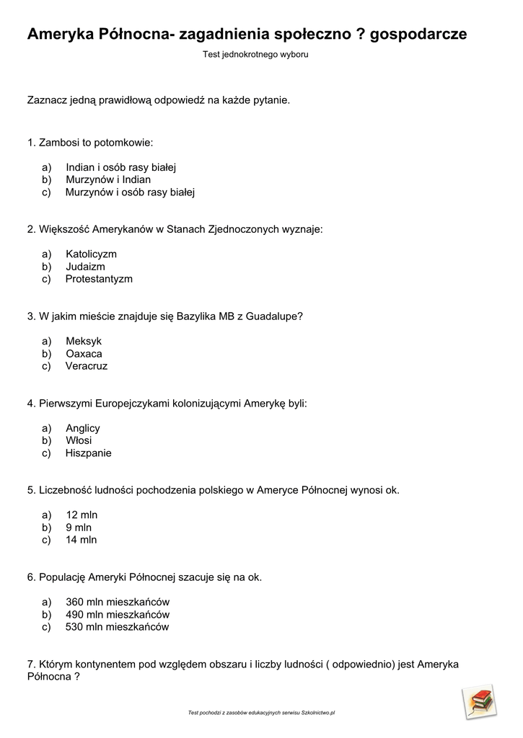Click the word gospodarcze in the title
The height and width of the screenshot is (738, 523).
click(418, 35)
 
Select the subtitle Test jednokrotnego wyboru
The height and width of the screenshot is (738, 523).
click(255, 55)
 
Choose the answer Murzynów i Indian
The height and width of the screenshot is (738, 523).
click(108, 180)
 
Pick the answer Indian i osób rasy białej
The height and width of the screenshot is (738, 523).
click(120, 168)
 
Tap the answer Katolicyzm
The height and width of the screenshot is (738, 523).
click(91, 254)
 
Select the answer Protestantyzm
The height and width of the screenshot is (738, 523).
click(99, 279)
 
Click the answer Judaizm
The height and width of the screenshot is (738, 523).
click(85, 267)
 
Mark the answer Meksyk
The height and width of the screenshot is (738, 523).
click(84, 341)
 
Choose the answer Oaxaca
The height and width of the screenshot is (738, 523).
click(84, 354)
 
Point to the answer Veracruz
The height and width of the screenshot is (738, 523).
click(86, 366)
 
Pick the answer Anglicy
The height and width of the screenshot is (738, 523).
click(82, 428)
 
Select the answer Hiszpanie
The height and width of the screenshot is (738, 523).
click(88, 453)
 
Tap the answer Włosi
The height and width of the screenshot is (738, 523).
click(79, 440)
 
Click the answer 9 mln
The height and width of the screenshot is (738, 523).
click(79, 528)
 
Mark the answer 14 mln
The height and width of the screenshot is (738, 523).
click(81, 540)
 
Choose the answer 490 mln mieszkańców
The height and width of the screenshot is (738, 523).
click(117, 615)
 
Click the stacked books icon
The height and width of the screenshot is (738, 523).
click(479, 701)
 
